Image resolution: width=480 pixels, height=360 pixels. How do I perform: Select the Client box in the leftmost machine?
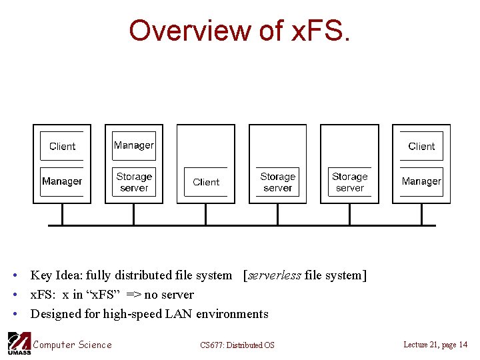coord(62,146)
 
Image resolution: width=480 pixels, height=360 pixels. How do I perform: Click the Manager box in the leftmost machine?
coord(62,181)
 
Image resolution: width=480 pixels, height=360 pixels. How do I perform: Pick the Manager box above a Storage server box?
coord(134,145)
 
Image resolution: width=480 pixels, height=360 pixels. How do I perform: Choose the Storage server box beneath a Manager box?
coord(134,182)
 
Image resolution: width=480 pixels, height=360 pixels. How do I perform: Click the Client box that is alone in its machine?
coord(206,182)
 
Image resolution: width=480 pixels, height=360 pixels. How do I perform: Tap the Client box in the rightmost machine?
coord(421,146)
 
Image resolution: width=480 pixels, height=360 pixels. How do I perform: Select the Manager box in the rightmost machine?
coord(421,181)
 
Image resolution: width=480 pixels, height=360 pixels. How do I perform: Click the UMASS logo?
coord(18,343)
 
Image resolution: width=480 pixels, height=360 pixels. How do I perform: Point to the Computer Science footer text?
coord(73,345)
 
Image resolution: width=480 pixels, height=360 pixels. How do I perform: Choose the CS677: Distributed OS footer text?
coord(237,345)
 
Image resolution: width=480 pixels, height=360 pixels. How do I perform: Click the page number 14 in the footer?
coord(462,345)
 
